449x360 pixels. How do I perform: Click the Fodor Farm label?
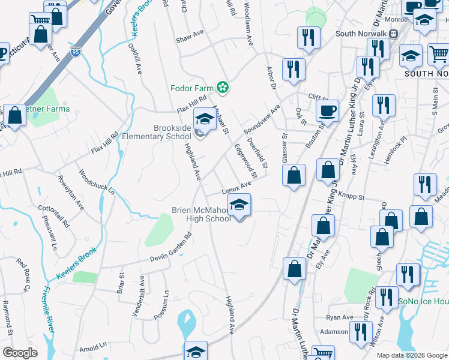(192, 88)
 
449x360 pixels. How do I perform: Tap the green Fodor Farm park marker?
(223, 88)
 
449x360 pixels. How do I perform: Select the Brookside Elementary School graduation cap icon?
(205, 119)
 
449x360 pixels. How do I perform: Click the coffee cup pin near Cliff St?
(327, 110)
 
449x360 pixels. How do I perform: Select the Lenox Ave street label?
(236, 188)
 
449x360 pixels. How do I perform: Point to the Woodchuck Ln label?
(97, 182)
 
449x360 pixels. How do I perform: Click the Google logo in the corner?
(20, 353)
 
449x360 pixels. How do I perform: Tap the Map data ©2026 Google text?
(411, 355)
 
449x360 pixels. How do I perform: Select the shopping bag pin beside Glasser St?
(294, 175)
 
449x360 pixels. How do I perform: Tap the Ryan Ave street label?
(340, 317)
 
